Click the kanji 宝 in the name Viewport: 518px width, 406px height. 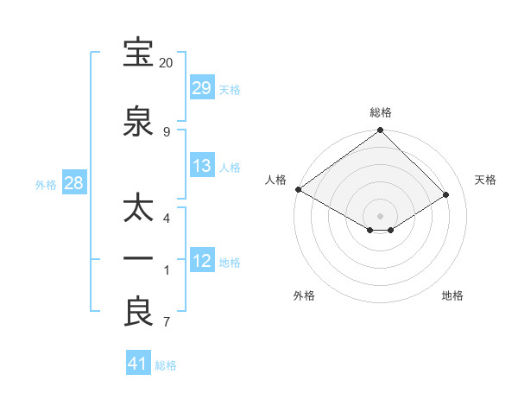(x=138, y=54)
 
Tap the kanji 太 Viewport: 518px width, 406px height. (x=138, y=211)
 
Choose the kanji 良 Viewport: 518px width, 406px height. (x=138, y=312)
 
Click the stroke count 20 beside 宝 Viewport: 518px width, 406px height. (x=166, y=63)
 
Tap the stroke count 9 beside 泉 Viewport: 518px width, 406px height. (x=166, y=131)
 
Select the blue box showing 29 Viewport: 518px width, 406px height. (x=201, y=88)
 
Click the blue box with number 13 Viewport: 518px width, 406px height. (x=201, y=166)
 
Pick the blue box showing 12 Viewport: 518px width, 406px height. (x=201, y=261)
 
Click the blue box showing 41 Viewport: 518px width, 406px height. (x=138, y=364)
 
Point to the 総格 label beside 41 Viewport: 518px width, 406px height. (x=166, y=365)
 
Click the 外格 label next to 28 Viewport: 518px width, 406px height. (x=46, y=184)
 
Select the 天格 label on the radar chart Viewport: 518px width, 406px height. (x=486, y=180)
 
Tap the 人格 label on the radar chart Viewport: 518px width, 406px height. (x=276, y=180)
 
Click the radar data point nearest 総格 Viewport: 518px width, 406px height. (x=380, y=131)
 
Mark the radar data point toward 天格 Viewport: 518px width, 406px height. (x=446, y=195)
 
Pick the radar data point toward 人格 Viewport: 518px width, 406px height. (x=298, y=189)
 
